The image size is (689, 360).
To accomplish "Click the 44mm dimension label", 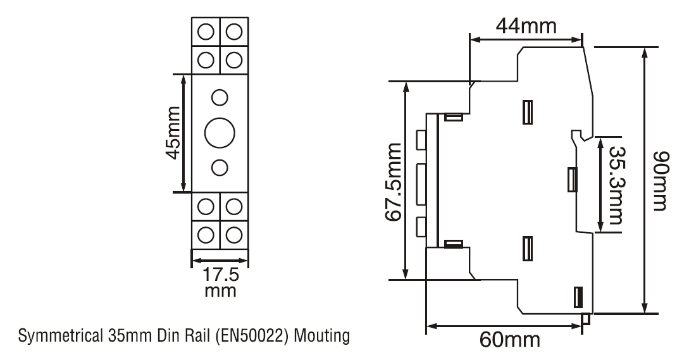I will coord(526,27).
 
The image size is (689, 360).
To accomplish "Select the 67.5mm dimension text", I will coord(394,182).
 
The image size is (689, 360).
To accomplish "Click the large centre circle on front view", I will coord(220,132).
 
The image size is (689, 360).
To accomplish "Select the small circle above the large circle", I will coord(220,97).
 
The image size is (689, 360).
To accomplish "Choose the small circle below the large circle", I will coord(220,166).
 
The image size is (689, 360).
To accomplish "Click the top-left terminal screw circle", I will coord(205,30).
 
